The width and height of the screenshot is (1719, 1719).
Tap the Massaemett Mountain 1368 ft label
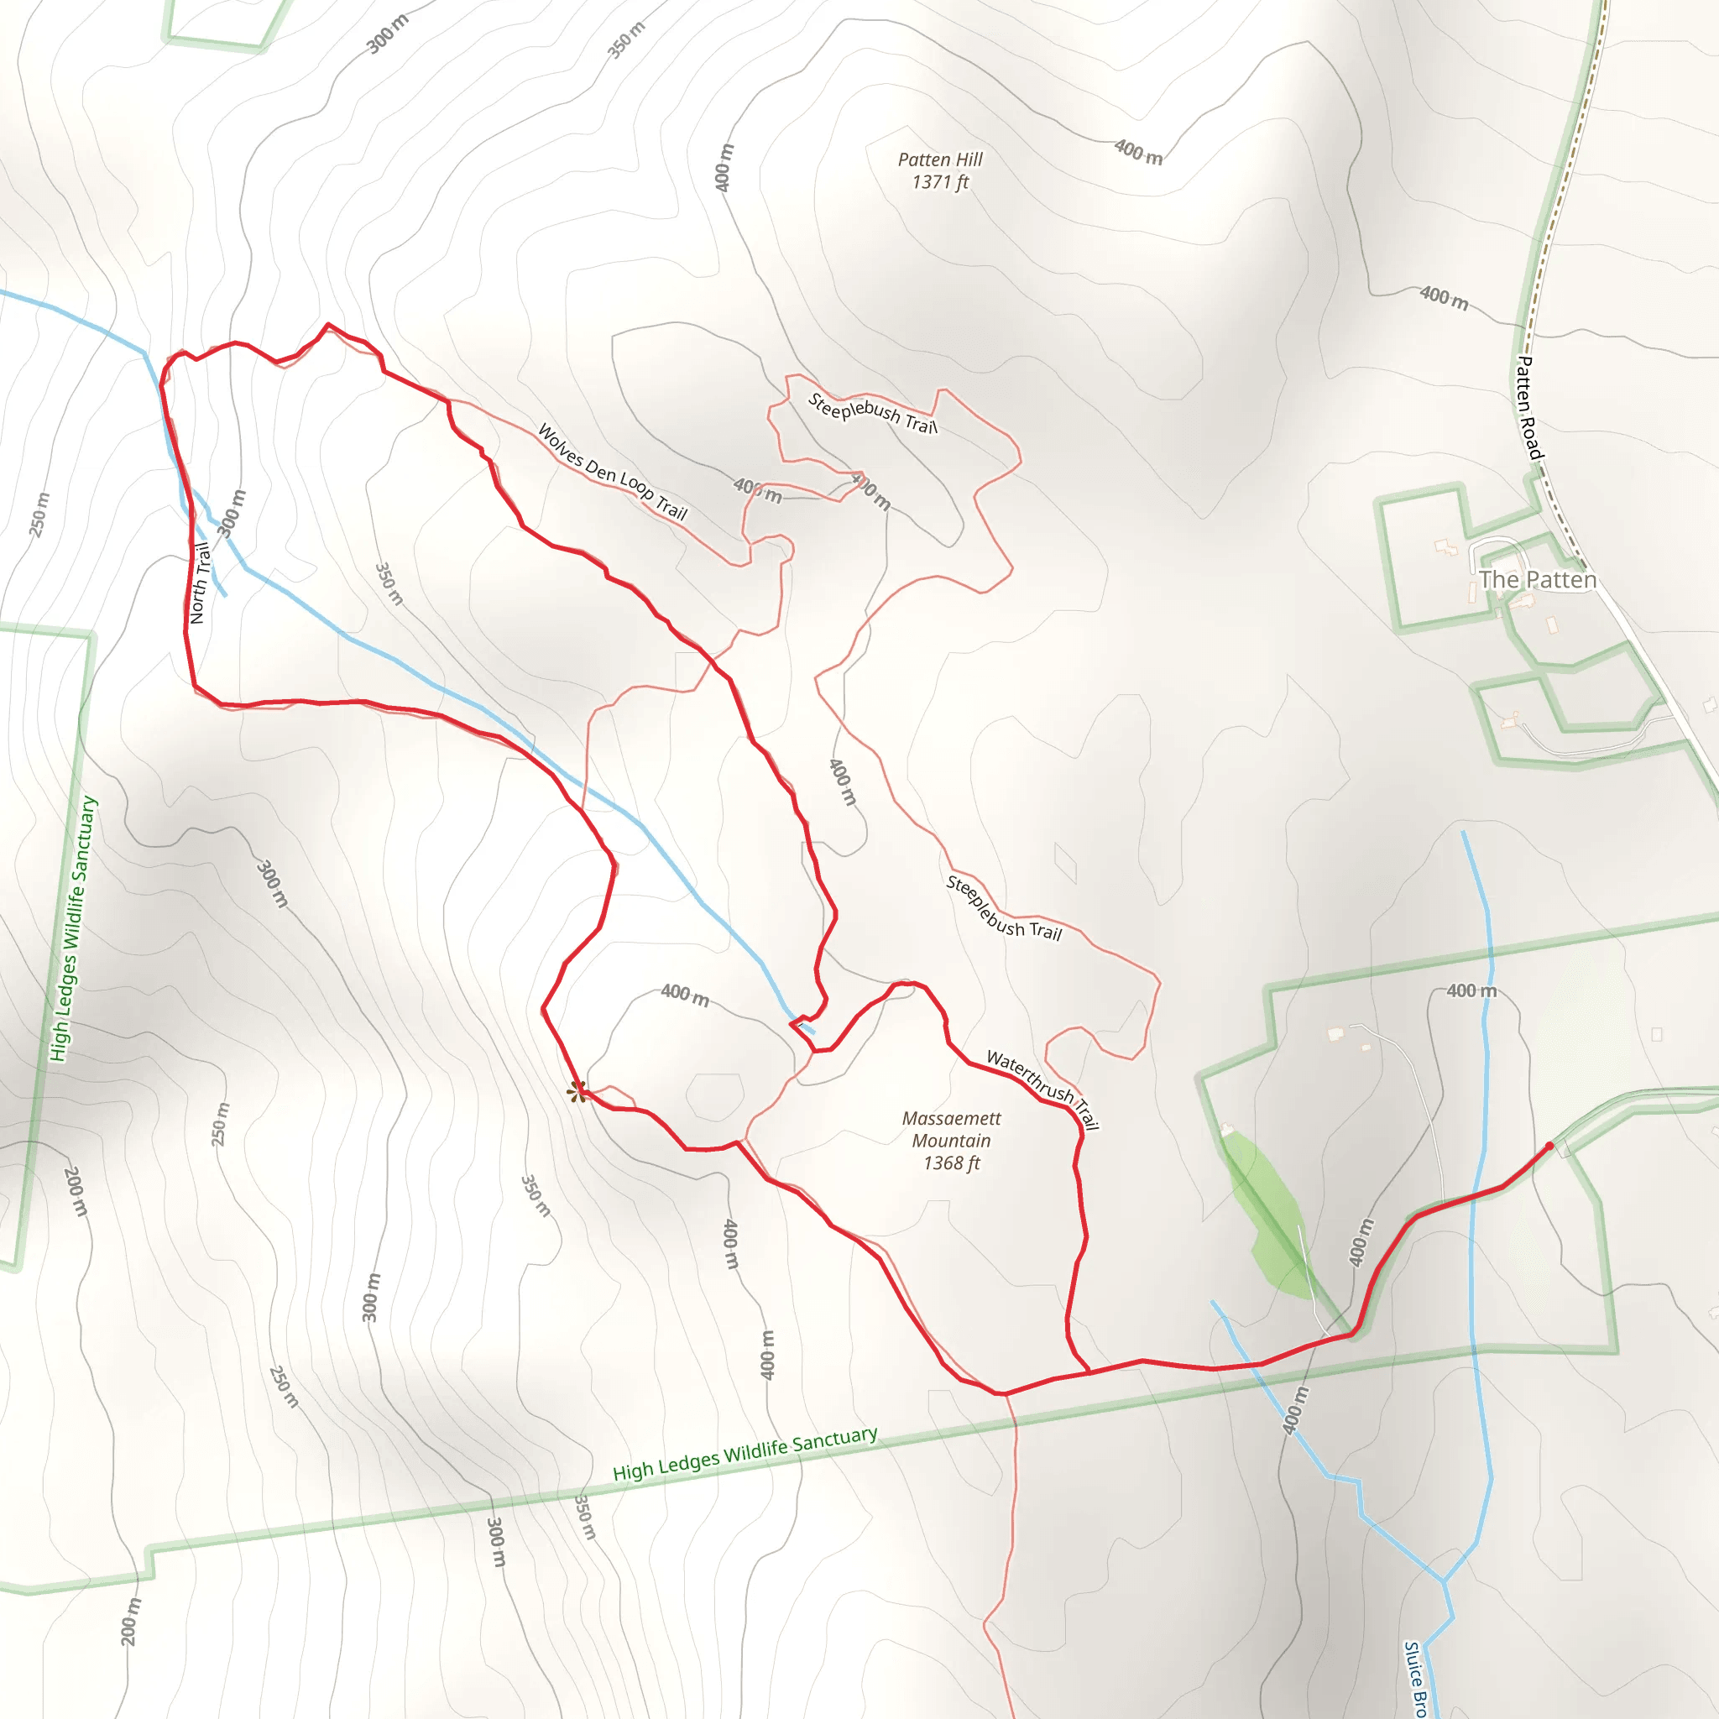coord(951,1140)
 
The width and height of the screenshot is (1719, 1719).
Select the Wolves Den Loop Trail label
coord(613,473)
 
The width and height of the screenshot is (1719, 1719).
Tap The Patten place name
coord(1538,580)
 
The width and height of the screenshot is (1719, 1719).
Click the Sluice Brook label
coord(1414,1678)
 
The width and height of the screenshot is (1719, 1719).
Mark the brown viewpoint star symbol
coord(577,1091)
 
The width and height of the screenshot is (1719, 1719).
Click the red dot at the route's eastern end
coord(1549,1146)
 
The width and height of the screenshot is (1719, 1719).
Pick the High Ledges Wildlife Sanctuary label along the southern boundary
coord(745,1454)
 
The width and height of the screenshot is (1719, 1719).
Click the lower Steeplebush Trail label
coord(1004,907)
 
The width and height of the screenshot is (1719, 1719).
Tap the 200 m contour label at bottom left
coord(130,1621)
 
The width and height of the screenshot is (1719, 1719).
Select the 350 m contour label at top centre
coord(625,40)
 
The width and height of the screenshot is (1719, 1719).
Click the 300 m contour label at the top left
coord(388,34)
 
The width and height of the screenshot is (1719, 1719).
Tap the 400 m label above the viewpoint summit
coord(684,995)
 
